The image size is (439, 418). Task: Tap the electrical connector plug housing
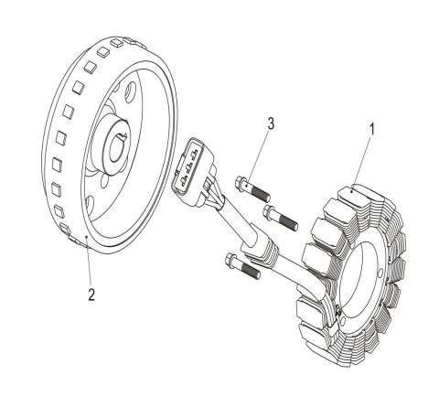[x=197, y=166]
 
